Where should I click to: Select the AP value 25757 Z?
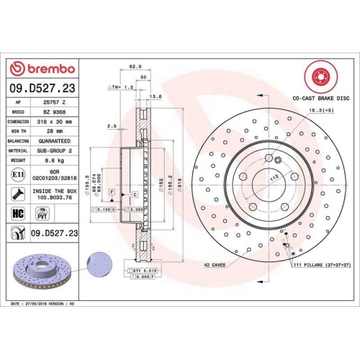[54, 102]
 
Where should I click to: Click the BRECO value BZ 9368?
[54, 112]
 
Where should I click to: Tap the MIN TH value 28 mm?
[54, 132]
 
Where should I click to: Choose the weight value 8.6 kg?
[54, 161]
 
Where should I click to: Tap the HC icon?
[17, 213]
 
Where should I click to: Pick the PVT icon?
[42, 213]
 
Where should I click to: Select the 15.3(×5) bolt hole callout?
[320, 109]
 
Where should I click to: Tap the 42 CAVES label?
[214, 265]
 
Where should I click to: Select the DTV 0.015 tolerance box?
[144, 269]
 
